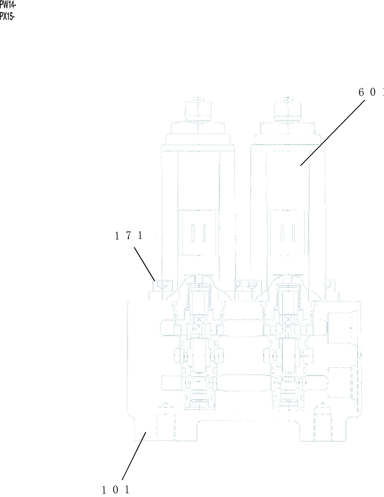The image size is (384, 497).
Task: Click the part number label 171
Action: pyautogui.click(x=129, y=237)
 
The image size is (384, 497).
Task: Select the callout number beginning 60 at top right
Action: pyautogui.click(x=371, y=92)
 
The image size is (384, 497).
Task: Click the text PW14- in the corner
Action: pyautogui.click(x=8, y=4)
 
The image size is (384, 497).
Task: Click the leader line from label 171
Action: pyautogui.click(x=144, y=263)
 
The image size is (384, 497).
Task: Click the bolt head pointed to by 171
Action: pyautogui.click(x=163, y=285)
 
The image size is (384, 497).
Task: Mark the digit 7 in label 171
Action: pyautogui.click(x=129, y=237)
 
